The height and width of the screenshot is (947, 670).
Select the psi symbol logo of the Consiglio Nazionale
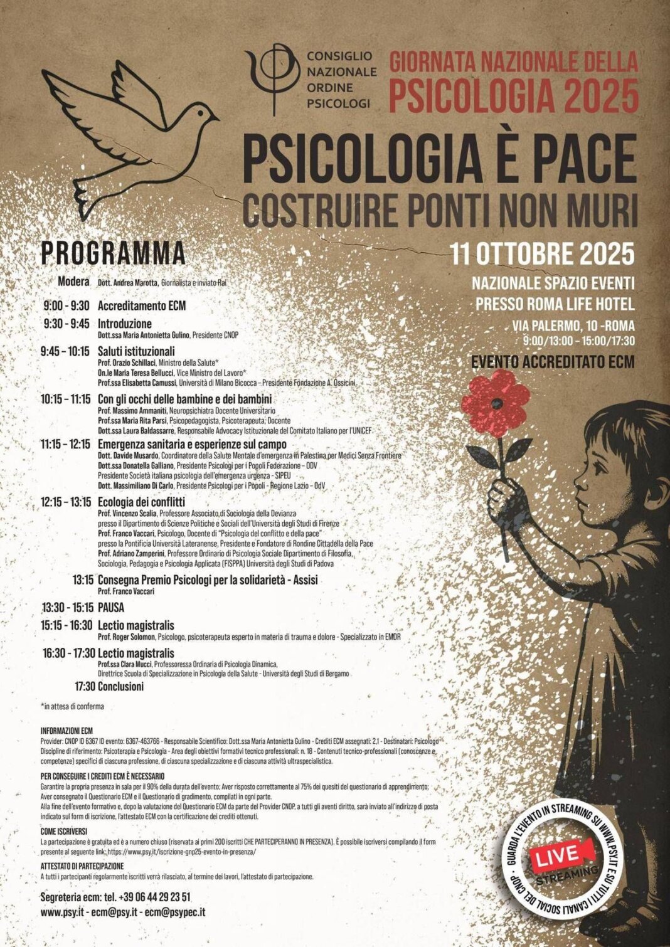[x=273, y=78]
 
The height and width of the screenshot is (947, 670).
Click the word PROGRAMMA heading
[x=113, y=253]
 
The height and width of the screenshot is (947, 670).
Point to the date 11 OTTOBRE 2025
[x=543, y=254]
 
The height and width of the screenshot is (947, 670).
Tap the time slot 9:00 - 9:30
[x=66, y=306]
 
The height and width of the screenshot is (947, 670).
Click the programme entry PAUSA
[x=111, y=607]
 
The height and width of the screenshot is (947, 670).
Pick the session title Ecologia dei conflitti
[x=141, y=502]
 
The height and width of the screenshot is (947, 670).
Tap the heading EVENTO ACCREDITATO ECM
[x=553, y=361]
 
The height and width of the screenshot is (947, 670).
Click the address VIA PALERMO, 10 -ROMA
[x=572, y=325]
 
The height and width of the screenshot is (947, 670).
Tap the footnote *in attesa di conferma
[x=72, y=706]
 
